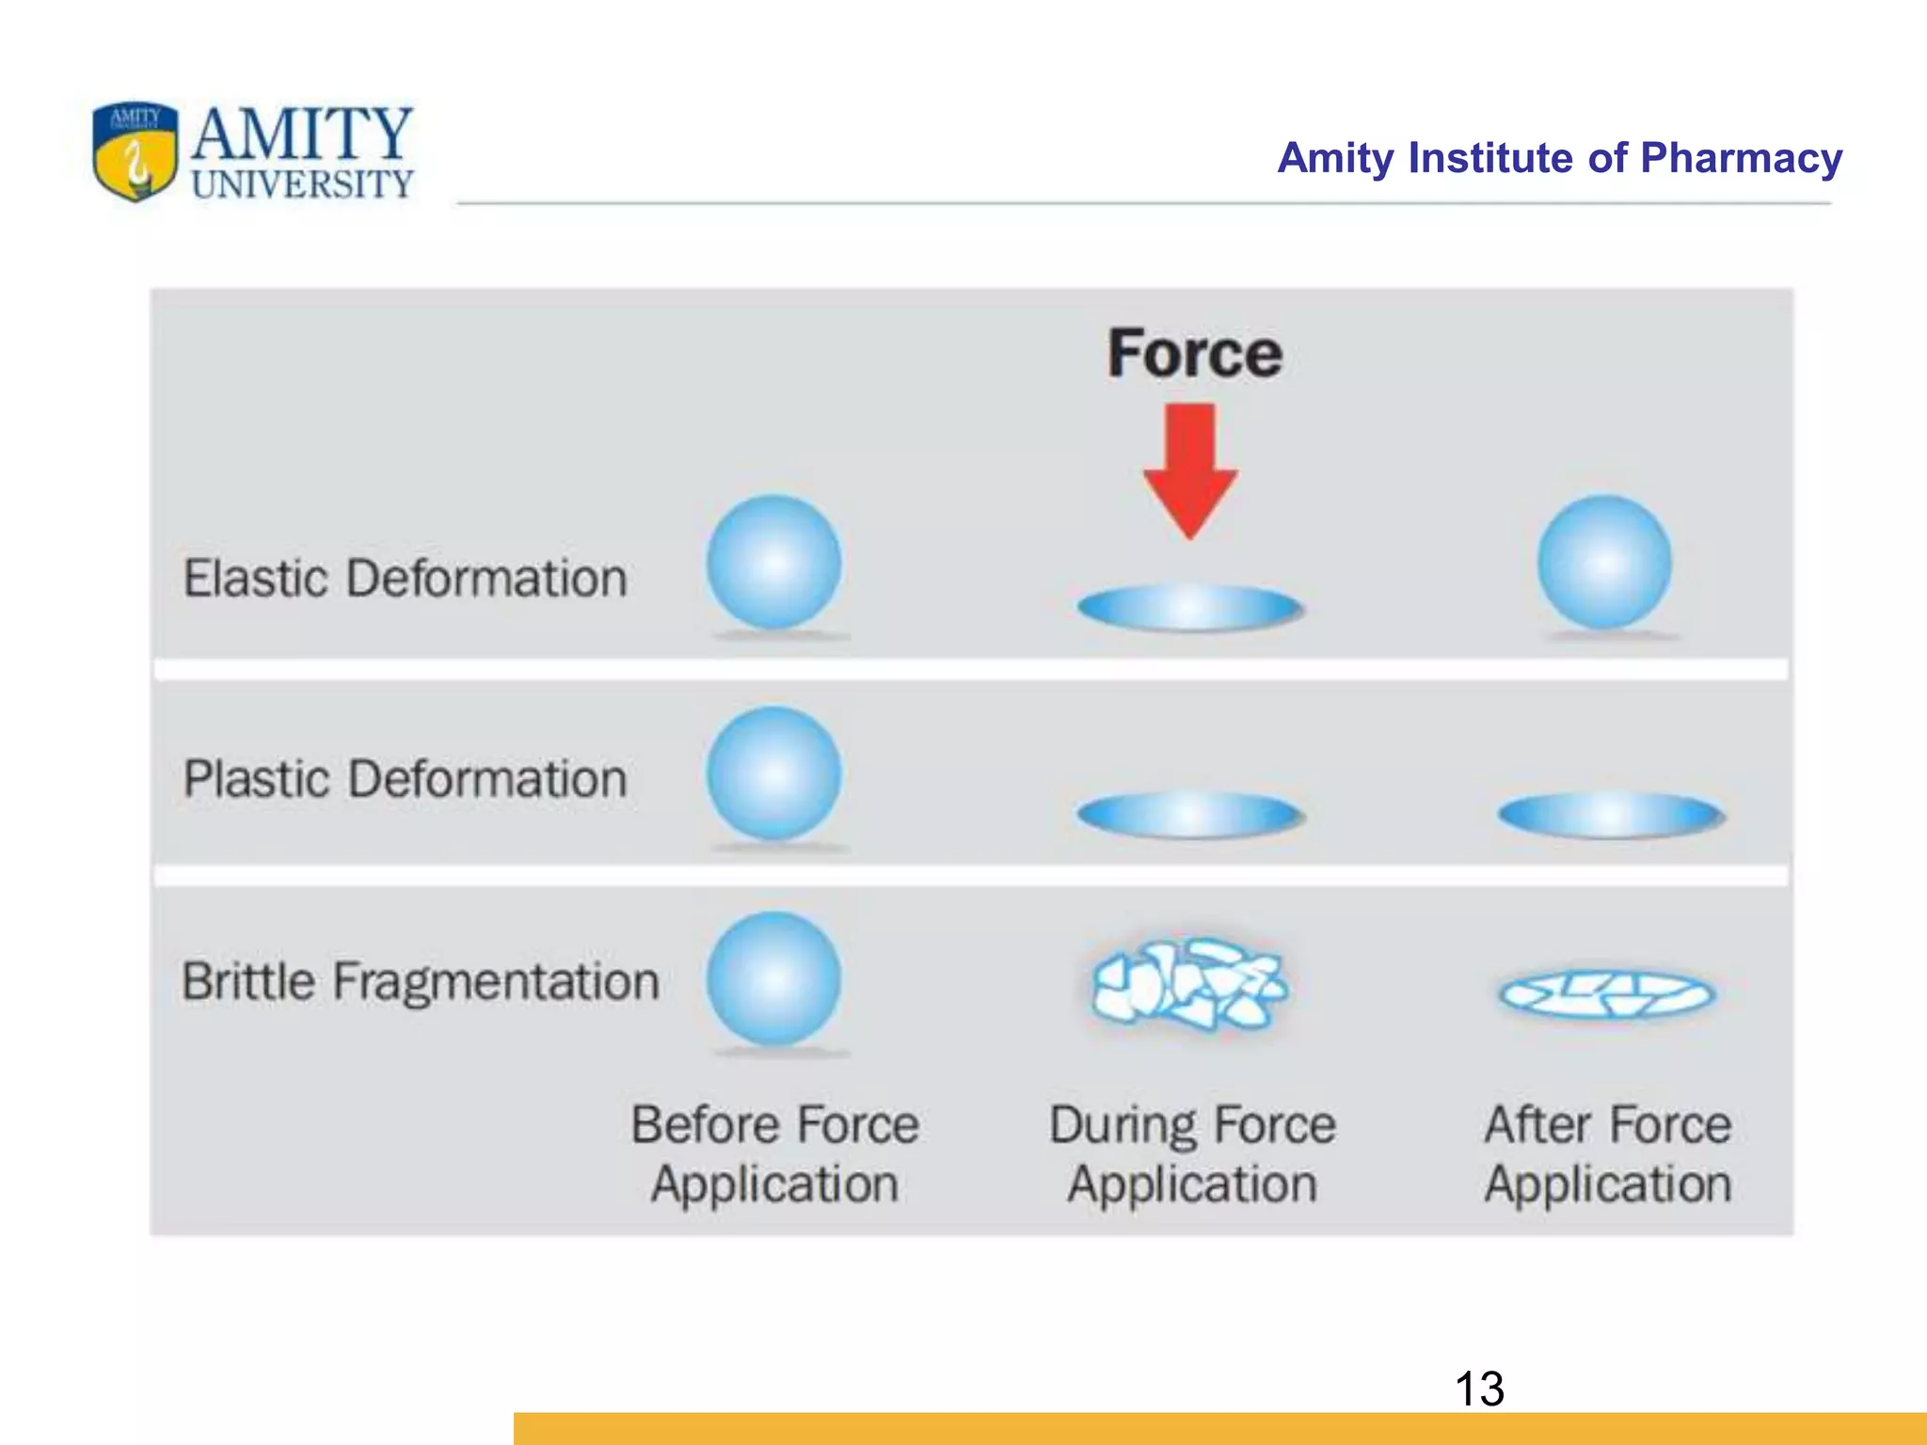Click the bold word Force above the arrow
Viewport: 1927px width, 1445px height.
click(x=1194, y=355)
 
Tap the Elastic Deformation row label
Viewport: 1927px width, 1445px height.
click(x=405, y=578)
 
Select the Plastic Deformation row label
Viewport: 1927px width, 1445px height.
click(x=405, y=779)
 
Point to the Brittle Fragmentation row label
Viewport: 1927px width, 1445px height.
click(x=420, y=981)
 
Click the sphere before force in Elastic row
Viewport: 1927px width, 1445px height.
click(x=773, y=563)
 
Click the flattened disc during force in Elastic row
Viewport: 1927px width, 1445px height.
click(x=1190, y=608)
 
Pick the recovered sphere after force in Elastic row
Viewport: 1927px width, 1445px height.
click(x=1604, y=563)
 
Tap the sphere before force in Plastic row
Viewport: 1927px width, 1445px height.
click(x=773, y=773)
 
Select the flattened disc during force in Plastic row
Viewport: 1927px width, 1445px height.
click(x=1190, y=815)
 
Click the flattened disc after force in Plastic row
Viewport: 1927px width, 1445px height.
click(x=1610, y=815)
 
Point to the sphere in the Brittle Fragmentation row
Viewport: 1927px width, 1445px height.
click(x=773, y=978)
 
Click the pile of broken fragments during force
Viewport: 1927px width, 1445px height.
click(x=1188, y=984)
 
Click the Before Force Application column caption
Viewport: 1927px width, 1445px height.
click(x=774, y=1154)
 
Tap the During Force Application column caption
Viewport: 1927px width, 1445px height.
click(x=1192, y=1154)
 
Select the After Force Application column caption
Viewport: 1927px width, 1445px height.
click(x=1608, y=1154)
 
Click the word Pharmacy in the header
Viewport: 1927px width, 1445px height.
click(x=1741, y=158)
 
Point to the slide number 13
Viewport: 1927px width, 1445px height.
click(x=1479, y=1389)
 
